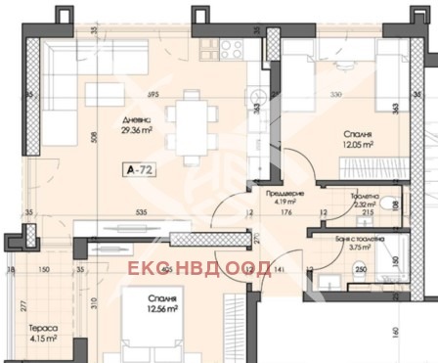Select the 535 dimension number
click(x=143, y=212)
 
